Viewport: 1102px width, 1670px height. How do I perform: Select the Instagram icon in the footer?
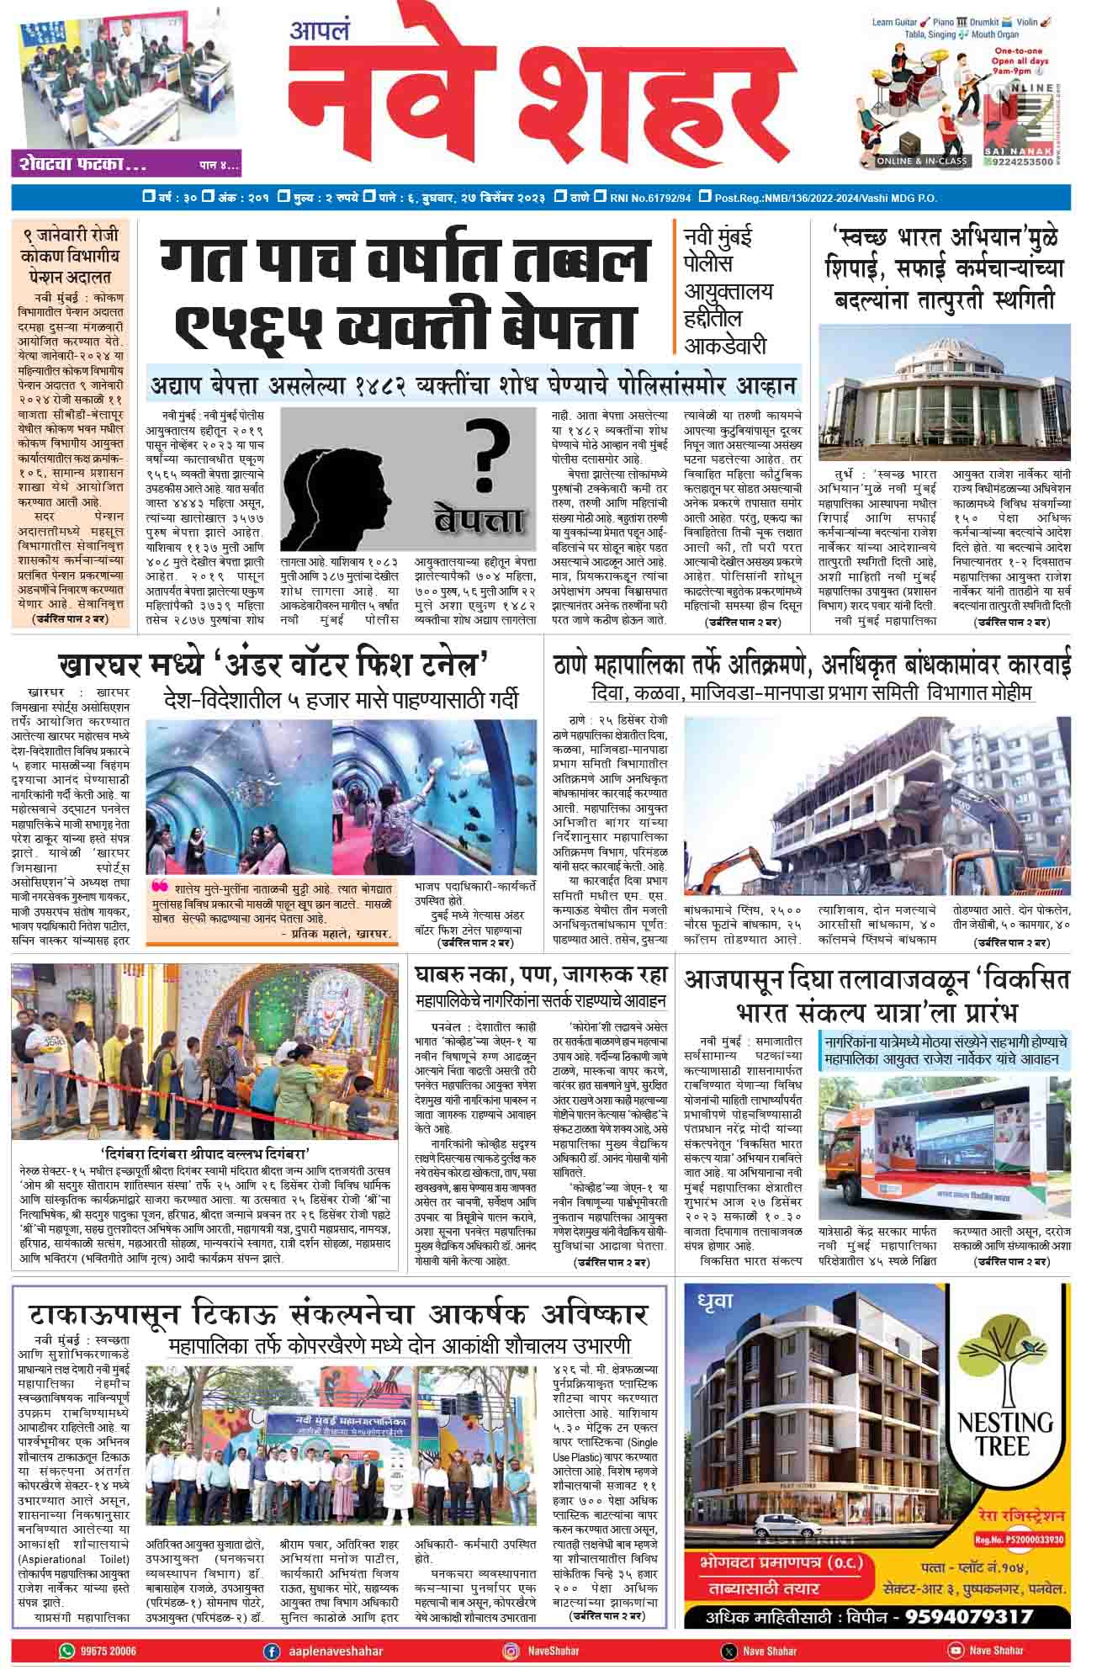pos(511,1651)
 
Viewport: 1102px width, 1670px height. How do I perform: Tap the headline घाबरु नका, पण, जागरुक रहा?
pos(541,976)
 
